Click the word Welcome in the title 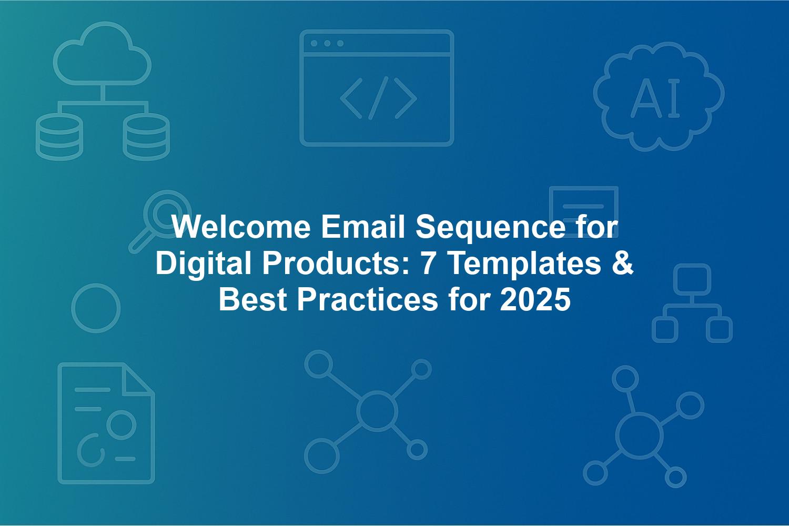241,227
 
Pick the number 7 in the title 427,264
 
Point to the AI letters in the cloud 655,98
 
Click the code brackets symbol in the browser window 378,98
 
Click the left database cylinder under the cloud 59,137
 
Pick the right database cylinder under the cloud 146,137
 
